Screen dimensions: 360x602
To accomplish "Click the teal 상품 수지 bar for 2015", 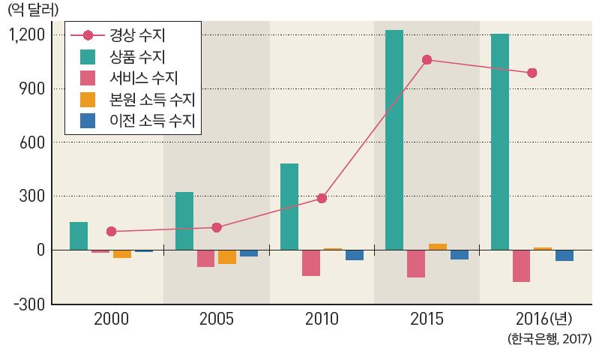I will [394, 139].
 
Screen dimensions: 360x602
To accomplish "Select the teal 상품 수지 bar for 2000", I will [79, 235].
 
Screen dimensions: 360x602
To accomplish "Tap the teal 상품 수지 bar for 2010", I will [289, 206].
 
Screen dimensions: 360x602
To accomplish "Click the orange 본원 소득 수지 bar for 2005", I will [227, 256].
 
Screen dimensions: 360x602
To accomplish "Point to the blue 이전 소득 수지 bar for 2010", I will [354, 255].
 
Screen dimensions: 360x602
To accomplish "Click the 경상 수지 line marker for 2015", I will [427, 60].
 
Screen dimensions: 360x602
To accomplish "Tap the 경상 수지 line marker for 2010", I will [322, 198].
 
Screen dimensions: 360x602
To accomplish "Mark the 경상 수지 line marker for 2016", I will [532, 73].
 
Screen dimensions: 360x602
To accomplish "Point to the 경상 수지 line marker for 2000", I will [112, 232].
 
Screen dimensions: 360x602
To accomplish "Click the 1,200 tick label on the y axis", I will [28, 35].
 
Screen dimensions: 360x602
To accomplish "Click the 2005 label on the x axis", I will [217, 319].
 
